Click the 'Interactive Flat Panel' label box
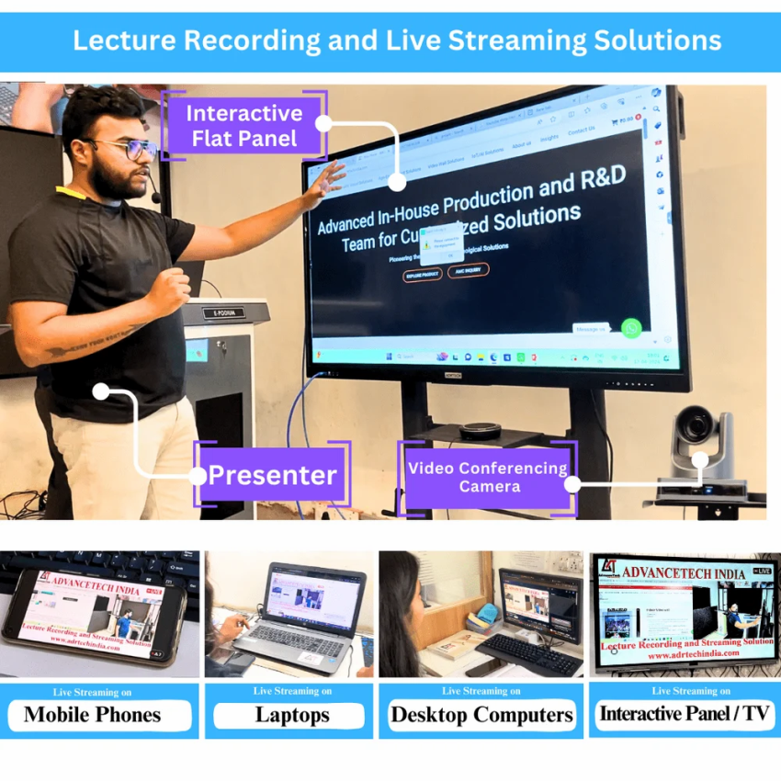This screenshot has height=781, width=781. click(243, 126)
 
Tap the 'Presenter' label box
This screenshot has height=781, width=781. click(271, 475)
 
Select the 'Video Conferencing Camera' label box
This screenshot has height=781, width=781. click(488, 477)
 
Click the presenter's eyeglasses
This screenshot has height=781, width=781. click(130, 148)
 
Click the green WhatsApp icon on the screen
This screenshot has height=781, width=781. click(630, 328)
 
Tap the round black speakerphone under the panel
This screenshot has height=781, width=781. click(481, 430)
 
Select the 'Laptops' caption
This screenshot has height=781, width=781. click(292, 715)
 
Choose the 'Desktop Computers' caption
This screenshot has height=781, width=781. click(481, 715)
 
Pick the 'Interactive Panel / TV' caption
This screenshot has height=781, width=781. click(685, 714)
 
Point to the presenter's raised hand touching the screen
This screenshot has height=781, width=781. click(327, 179)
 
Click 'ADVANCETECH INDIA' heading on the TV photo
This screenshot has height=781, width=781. click(684, 572)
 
